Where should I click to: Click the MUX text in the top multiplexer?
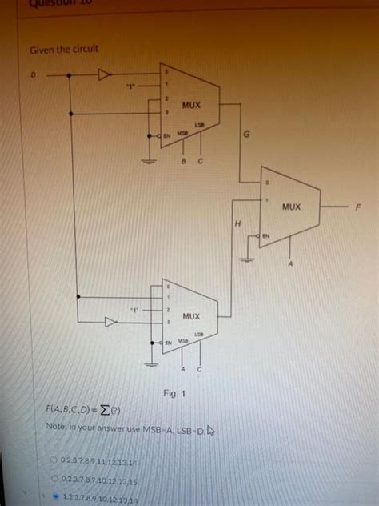[191, 106]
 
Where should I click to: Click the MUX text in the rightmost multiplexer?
[291, 206]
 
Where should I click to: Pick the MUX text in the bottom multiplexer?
[190, 317]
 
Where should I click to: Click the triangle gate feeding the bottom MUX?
[110, 323]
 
